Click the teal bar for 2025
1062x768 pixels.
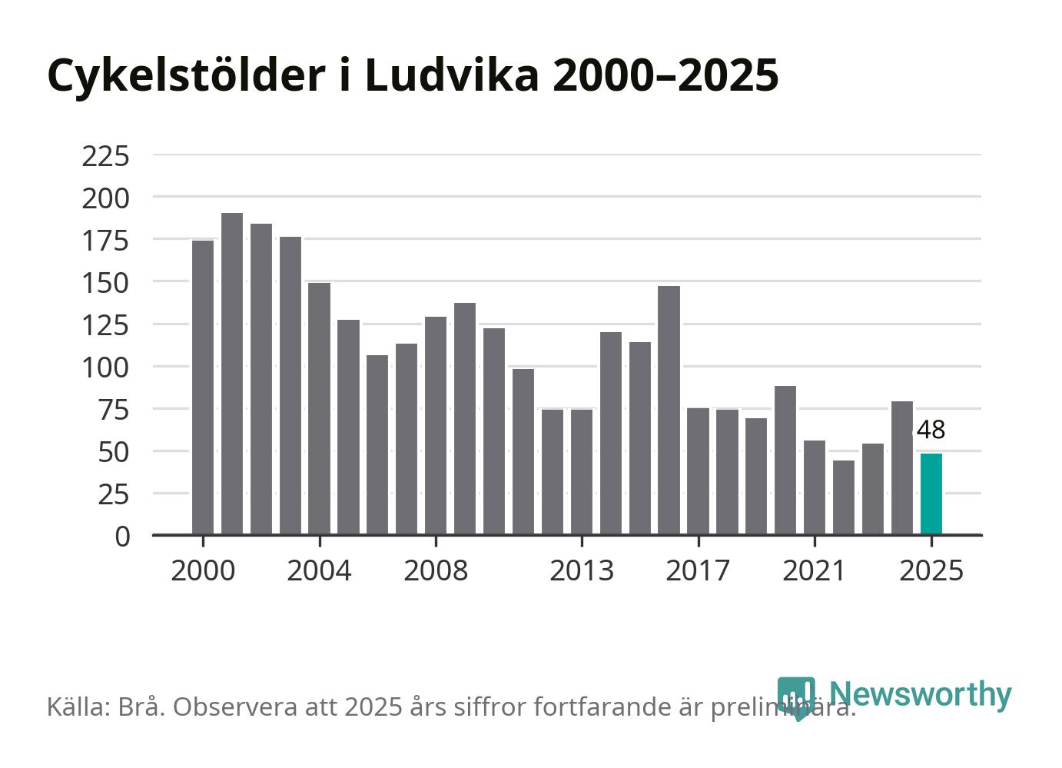[931, 494]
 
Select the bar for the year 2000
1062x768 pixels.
[203, 387]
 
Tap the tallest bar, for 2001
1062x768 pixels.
[232, 374]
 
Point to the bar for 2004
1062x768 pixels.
[320, 408]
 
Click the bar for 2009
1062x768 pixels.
[465, 418]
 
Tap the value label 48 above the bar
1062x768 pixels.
[931, 430]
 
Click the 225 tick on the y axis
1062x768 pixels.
[105, 156]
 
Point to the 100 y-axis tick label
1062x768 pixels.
[105, 367]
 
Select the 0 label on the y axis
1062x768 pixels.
[122, 536]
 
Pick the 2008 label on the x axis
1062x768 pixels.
[436, 571]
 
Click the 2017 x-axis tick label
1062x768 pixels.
[698, 571]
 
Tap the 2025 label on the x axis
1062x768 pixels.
[931, 571]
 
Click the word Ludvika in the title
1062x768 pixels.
[451, 75]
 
